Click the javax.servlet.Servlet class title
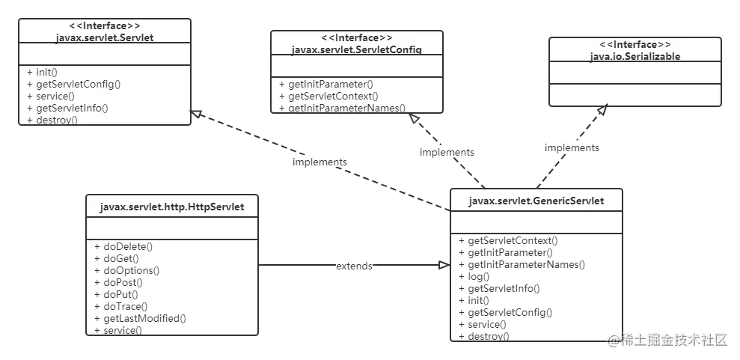pyautogui.click(x=105, y=37)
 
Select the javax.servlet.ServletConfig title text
pyautogui.click(x=357, y=49)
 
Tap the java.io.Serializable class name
pyautogui.click(x=636, y=55)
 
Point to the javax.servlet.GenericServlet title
pyautogui.click(x=536, y=201)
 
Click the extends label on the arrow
pyautogui.click(x=354, y=266)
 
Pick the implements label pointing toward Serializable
pyautogui.click(x=572, y=147)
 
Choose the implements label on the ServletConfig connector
pyautogui.click(x=447, y=152)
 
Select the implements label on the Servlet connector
pyautogui.click(x=319, y=162)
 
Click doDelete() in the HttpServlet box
pyautogui.click(x=123, y=246)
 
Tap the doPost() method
pyautogui.click(x=118, y=282)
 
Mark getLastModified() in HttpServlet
pyautogui.click(x=140, y=318)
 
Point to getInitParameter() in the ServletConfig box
pyautogui.click(x=326, y=85)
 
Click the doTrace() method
pyautogui.click(x=121, y=306)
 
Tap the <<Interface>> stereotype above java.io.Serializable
pyautogui.click(x=636, y=45)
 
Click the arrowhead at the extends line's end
pyautogui.click(x=443, y=266)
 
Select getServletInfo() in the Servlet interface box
pyautogui.click(x=68, y=108)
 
